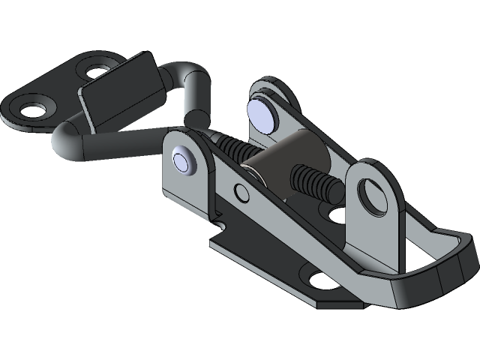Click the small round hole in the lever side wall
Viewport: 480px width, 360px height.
point(242,192)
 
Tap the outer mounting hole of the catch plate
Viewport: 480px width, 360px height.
point(32,109)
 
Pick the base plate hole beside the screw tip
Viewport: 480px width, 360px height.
point(337,215)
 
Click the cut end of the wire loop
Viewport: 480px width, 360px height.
point(196,118)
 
